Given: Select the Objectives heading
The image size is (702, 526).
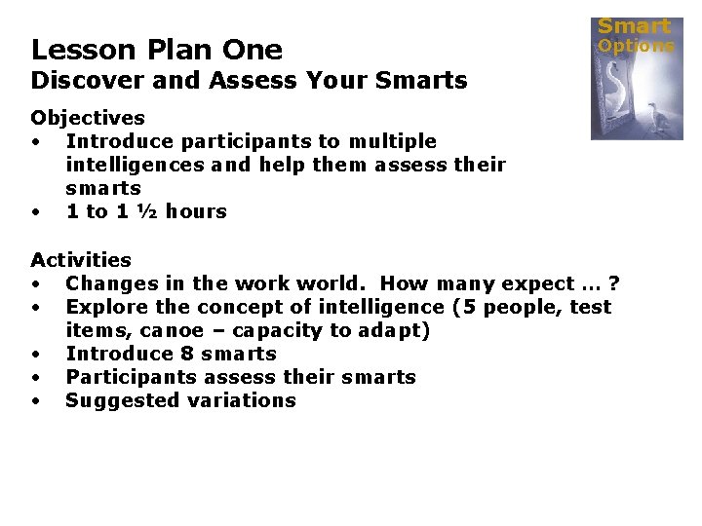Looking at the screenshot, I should tap(88, 118).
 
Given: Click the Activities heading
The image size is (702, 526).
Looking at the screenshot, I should tap(81, 260).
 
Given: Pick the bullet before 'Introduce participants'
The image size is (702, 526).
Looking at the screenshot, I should tap(35, 141).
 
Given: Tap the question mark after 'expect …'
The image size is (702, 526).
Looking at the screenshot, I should tap(613, 283).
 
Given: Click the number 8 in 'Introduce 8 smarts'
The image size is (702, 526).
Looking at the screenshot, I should tap(188, 354).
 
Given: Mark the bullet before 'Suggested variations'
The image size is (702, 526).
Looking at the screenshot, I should tap(35, 400).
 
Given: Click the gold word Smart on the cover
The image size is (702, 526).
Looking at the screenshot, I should tap(634, 26).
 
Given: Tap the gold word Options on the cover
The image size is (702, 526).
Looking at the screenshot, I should tap(636, 46).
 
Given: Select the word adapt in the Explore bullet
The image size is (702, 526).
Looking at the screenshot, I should tap(396, 330).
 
